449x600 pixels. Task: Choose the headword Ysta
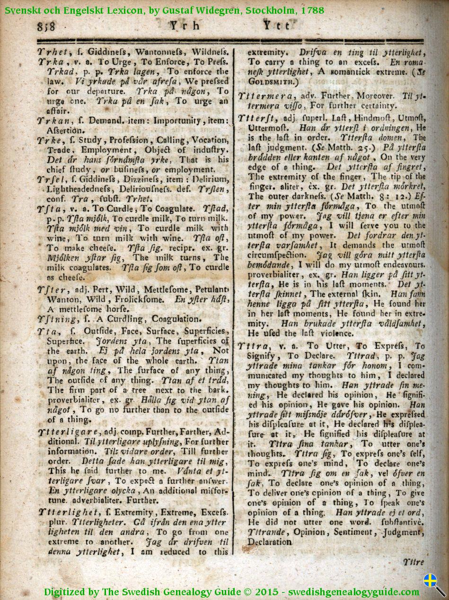click(x=49, y=208)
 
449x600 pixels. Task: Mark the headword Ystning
click(x=56, y=319)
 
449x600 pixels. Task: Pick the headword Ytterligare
click(x=68, y=431)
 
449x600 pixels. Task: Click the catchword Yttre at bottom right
click(x=413, y=562)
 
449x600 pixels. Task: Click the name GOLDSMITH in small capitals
click(x=268, y=82)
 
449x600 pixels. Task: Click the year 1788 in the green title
click(x=312, y=10)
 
